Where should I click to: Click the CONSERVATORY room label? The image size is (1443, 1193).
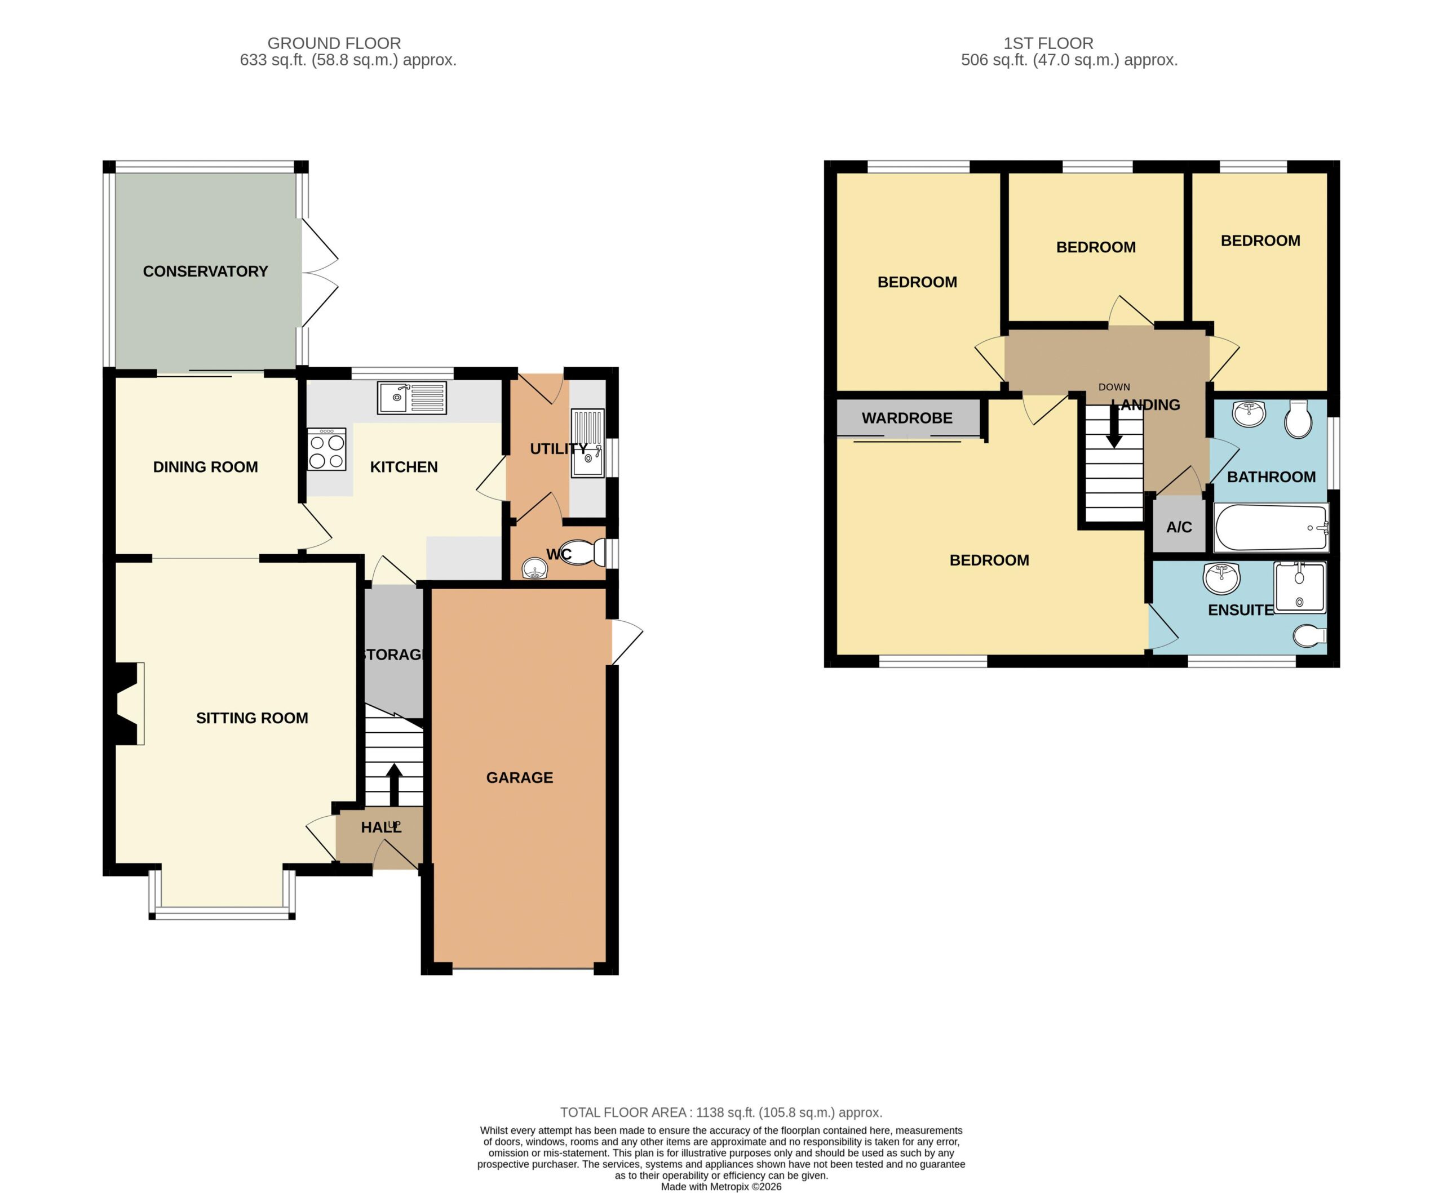click(x=205, y=271)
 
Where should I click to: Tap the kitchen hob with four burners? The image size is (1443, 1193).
click(x=326, y=449)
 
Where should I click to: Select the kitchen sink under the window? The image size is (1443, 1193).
click(x=411, y=398)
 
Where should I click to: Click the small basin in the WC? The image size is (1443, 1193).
click(x=534, y=569)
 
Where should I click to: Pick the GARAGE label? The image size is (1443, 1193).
click(x=520, y=777)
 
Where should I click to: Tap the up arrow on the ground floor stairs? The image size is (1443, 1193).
click(x=394, y=784)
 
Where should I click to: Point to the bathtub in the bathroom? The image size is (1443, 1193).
click(x=1271, y=527)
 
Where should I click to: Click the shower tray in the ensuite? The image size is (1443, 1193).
click(x=1299, y=587)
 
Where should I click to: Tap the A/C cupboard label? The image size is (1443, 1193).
click(x=1179, y=527)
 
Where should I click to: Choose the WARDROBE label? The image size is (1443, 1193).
click(x=907, y=417)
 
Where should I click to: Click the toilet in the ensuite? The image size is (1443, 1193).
click(x=1310, y=636)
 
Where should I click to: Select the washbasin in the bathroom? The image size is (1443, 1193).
click(x=1249, y=414)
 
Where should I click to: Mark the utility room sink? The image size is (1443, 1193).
click(x=587, y=443)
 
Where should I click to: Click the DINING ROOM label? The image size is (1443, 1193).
click(x=205, y=467)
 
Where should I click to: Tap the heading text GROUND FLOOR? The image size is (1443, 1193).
click(x=334, y=43)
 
